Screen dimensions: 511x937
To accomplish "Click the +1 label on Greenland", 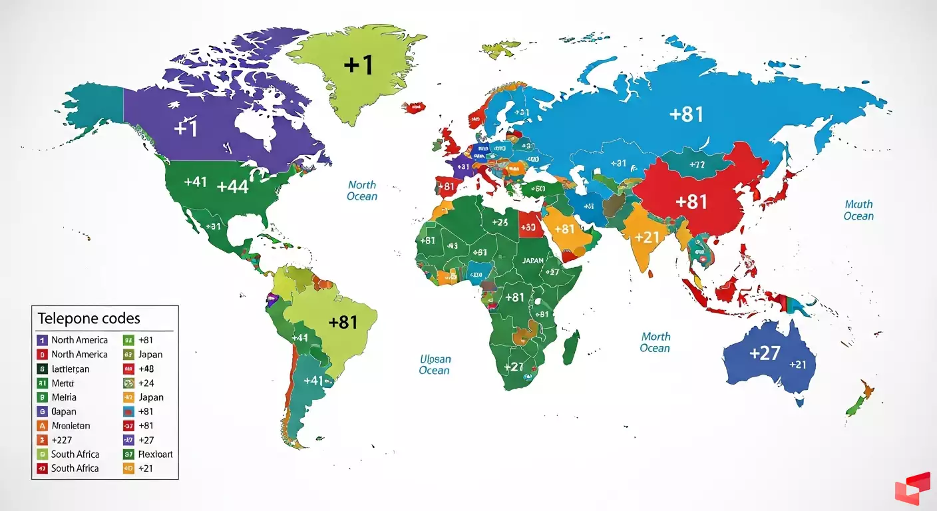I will pyautogui.click(x=359, y=65).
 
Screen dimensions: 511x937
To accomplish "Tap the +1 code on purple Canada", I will pyautogui.click(x=186, y=127).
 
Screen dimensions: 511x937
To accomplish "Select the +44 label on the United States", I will pyautogui.click(x=232, y=186).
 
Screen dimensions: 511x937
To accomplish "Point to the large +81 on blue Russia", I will pyautogui.click(x=686, y=114).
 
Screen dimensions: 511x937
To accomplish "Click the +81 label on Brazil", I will pyautogui.click(x=343, y=322).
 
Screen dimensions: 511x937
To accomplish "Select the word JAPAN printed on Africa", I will pyautogui.click(x=533, y=261).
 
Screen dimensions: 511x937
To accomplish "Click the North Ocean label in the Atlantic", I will pyautogui.click(x=362, y=190).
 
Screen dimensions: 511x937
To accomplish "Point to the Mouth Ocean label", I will pyautogui.click(x=858, y=210).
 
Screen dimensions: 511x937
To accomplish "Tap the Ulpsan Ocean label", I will pyautogui.click(x=435, y=364).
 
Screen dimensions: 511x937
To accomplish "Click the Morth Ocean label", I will pyautogui.click(x=655, y=342).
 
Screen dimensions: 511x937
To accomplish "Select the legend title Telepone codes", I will pyautogui.click(x=89, y=318).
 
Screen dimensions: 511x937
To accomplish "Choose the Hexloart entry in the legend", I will pyautogui.click(x=155, y=454).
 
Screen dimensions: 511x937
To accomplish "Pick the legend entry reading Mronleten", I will pyautogui.click(x=71, y=425).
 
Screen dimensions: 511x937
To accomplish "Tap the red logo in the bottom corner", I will pyautogui.click(x=912, y=488).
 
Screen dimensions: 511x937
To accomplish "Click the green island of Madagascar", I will pyautogui.click(x=570, y=350).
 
